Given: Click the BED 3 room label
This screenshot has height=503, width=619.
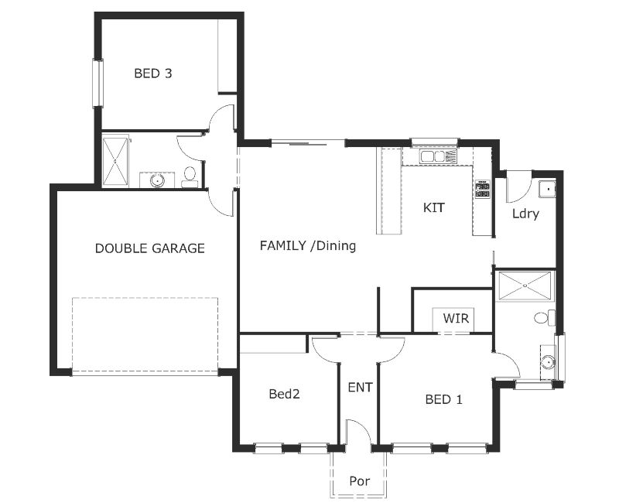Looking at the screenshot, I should tap(152, 74).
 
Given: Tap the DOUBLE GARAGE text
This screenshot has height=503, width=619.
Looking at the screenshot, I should tap(149, 248).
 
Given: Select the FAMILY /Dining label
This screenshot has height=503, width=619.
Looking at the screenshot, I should tap(307, 246).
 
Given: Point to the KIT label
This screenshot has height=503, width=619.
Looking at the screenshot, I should tap(434, 207).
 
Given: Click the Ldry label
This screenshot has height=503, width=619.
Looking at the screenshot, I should tap(525, 214).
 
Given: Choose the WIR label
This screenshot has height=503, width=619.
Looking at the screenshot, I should tap(456, 318).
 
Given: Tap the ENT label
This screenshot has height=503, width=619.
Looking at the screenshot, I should tap(360, 387).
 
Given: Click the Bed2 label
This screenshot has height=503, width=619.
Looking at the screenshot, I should tap(284, 394).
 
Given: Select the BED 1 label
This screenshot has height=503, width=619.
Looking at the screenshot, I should tap(444, 399).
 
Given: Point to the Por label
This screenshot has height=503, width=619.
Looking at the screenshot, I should tap(359, 481).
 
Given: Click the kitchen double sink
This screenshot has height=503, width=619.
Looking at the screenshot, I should tap(433, 156).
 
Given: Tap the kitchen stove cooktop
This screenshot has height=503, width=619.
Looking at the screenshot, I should tap(482, 190).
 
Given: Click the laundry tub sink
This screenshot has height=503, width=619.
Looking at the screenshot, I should tap(546, 187).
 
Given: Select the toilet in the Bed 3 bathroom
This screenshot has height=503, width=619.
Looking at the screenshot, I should tap(189, 177).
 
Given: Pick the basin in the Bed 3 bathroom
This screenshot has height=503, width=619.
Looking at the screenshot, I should tap(157, 180).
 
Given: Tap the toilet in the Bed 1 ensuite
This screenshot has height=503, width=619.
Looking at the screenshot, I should tap(544, 317).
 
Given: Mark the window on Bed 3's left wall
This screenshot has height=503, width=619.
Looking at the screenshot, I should tap(97, 83).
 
